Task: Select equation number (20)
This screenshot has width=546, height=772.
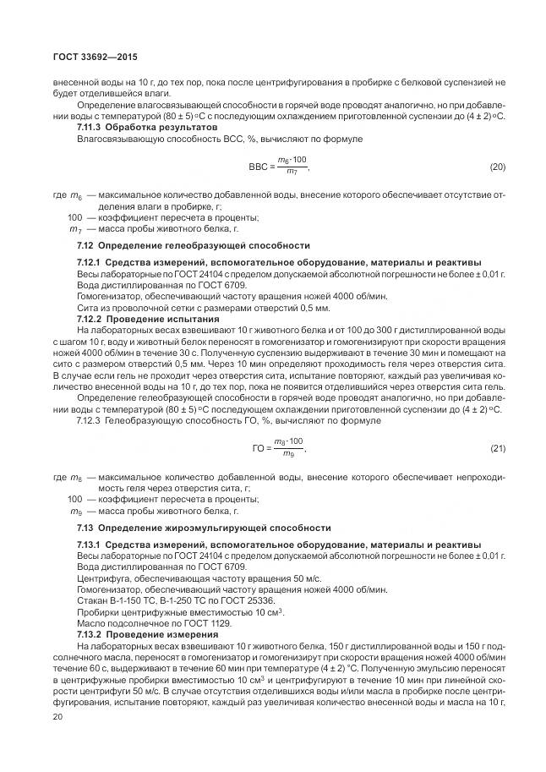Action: click(x=497, y=167)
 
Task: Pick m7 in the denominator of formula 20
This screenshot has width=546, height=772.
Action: click(x=291, y=172)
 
